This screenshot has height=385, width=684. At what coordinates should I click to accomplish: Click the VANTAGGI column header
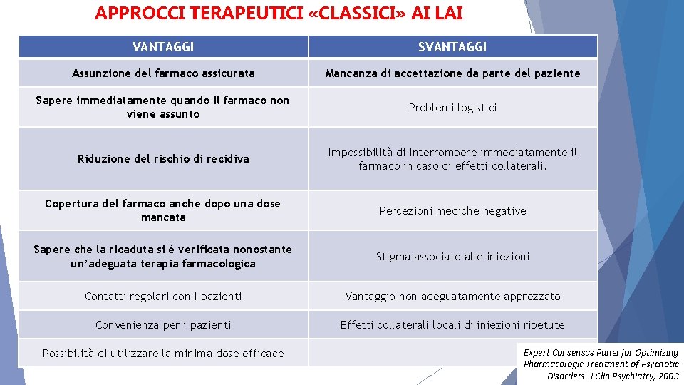(x=163, y=47)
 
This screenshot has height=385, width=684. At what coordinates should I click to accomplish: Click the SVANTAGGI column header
(x=452, y=47)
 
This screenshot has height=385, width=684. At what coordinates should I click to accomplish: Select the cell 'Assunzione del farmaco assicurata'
(x=163, y=73)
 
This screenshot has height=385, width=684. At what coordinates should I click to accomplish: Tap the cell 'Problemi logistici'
(x=452, y=108)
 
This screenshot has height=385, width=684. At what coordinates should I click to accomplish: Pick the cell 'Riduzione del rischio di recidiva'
(x=163, y=159)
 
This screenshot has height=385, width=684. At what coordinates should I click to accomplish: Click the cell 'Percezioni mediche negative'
(x=452, y=211)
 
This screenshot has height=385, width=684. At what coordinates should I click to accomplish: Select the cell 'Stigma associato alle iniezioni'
(x=452, y=257)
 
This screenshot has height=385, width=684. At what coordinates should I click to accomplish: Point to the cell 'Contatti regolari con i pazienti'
(x=163, y=297)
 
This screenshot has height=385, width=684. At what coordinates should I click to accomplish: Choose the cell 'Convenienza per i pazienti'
(x=163, y=325)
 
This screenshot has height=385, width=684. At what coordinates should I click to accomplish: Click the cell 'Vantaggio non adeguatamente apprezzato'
(x=452, y=297)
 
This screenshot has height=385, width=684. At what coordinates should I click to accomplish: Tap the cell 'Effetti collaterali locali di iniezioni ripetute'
(x=452, y=325)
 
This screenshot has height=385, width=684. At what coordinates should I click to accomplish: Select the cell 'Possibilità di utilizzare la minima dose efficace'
(x=163, y=354)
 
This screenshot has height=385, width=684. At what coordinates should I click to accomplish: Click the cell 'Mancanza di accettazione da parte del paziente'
(x=452, y=73)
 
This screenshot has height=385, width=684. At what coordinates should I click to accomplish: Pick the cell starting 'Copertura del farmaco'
(x=163, y=210)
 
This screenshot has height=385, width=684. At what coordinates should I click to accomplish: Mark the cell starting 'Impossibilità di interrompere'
(x=452, y=159)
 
